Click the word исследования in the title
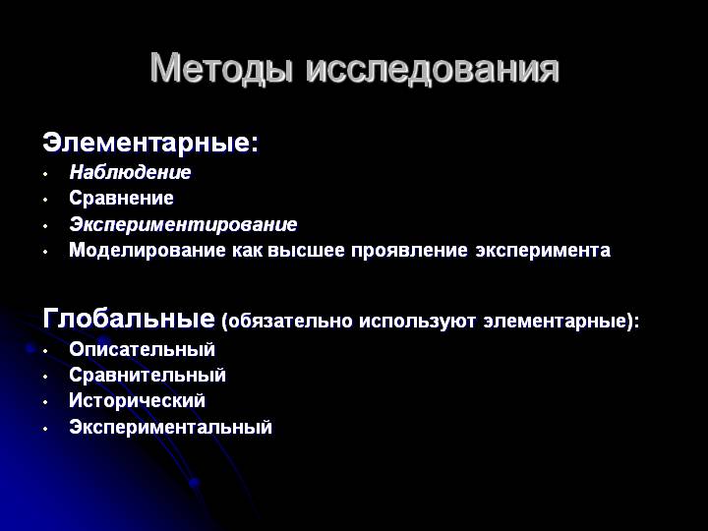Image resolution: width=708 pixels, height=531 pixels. tap(432, 69)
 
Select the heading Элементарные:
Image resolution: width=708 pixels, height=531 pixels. tap(150, 143)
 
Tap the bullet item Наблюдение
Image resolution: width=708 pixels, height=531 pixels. tap(130, 172)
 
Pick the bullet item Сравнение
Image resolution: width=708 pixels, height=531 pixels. tap(121, 199)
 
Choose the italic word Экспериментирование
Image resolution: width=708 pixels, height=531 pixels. tap(183, 224)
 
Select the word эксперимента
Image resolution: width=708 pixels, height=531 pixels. tap(543, 251)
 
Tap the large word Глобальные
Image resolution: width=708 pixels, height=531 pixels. tap(129, 319)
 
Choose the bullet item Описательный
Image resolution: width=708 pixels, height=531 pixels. tap(142, 349)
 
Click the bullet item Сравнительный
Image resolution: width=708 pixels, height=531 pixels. tap(147, 375)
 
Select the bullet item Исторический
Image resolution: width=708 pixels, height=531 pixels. tap(137, 401)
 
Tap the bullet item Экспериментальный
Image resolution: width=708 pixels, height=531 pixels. tap(170, 428)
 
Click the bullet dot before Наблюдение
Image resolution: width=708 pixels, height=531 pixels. tap(45, 174)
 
